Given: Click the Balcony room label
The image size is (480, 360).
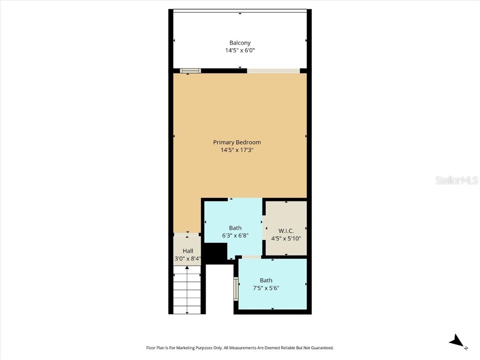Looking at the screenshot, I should coord(240,43).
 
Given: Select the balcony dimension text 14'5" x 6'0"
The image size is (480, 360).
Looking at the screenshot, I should coord(240,50).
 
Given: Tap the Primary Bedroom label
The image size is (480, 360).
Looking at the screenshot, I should coord(237,142).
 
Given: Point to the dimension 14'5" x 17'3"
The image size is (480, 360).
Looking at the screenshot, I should coord(237,150).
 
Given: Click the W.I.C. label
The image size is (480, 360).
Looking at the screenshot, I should coord(286,231).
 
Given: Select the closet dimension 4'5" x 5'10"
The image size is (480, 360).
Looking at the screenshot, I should coord(286,238).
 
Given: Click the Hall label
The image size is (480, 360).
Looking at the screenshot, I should coord(187,251).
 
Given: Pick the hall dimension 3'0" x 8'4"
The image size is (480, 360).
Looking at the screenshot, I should coord(187,258).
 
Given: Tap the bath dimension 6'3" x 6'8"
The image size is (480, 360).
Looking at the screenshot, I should coord(235,236).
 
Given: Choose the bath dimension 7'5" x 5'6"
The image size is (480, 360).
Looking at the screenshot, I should coord(266,288).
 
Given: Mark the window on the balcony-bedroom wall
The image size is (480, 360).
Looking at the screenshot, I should coord(190,71).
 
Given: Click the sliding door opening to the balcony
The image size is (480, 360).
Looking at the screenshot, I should coord(273,71).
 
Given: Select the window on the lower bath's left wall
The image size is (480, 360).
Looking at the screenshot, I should coord(236,287).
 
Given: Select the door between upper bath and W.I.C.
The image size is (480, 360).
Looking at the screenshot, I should coord(264,228).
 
